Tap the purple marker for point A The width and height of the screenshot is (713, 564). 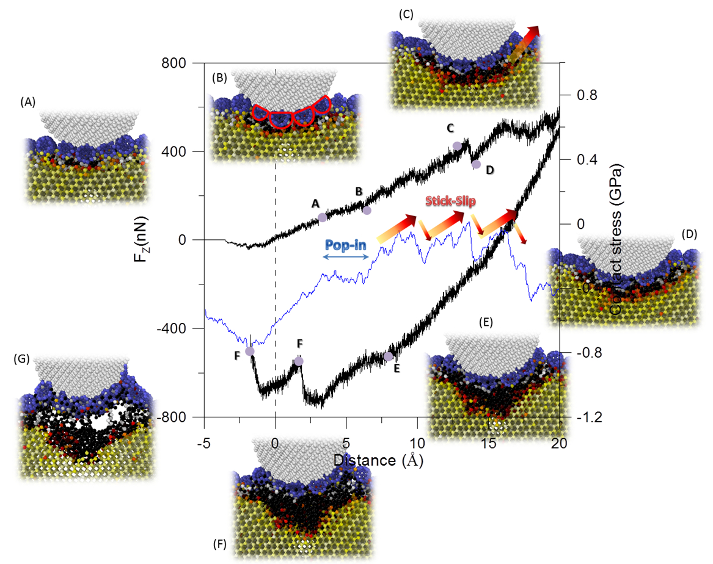(323, 217)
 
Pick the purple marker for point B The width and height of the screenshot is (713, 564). (367, 210)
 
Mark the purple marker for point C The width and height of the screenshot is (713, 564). (457, 145)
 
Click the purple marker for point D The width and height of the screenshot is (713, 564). (477, 164)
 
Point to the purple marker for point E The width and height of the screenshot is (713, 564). (388, 356)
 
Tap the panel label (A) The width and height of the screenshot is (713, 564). (28, 103)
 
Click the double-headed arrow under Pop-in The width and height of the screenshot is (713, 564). (346, 258)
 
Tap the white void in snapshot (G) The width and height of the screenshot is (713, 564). (103, 421)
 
